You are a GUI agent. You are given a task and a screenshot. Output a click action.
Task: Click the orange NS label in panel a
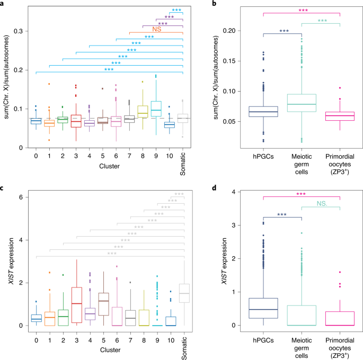tap(156, 30)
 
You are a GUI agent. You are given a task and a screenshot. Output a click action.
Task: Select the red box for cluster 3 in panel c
tap(76, 304)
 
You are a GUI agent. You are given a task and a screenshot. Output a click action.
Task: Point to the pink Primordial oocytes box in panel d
tap(339, 318)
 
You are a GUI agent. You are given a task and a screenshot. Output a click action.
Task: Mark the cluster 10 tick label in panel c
tap(170, 335)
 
